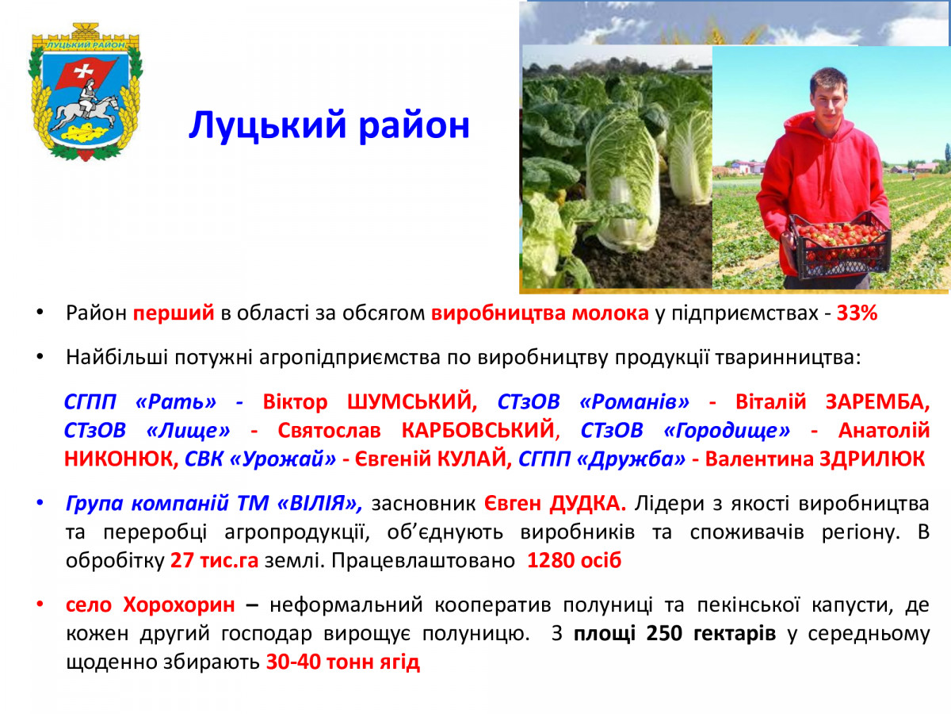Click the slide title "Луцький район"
[x=329, y=125]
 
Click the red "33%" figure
[x=857, y=313]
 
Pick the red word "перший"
[x=174, y=314]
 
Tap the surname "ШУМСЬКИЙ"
[x=411, y=401]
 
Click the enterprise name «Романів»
[x=634, y=402]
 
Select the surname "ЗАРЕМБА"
[x=877, y=402]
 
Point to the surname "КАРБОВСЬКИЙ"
[x=479, y=431]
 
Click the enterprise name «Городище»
[x=727, y=431]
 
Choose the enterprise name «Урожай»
[x=282, y=459]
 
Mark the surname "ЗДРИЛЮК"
[x=873, y=459]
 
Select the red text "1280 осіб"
[x=574, y=561]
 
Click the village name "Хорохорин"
[x=179, y=605]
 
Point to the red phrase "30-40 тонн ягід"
[x=342, y=662]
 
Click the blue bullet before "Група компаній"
[x=40, y=503]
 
